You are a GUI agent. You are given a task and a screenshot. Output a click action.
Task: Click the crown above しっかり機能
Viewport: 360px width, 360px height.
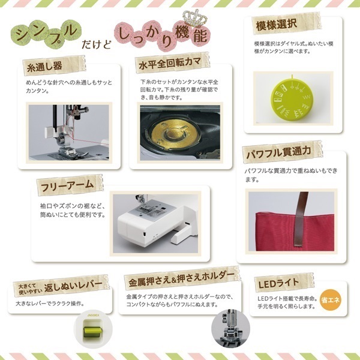coord(194,19)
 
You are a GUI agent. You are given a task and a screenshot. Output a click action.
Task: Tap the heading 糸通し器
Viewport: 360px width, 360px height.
coord(44,67)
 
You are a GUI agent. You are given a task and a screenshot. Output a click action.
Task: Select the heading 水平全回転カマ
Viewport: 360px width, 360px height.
coord(170,63)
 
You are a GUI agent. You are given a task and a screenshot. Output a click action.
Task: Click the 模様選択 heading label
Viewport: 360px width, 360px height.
coord(277,25)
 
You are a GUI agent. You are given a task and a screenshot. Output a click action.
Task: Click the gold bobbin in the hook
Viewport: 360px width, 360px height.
coord(175,133)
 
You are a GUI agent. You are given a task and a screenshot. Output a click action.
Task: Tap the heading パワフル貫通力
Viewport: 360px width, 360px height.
coord(278,152)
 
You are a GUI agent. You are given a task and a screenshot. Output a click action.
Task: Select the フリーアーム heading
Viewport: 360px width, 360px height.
coord(67,185)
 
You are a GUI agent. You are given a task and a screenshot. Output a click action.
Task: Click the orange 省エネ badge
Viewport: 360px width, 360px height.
coord(331,300)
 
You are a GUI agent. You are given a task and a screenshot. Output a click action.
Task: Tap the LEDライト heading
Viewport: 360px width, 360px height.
coord(278,284)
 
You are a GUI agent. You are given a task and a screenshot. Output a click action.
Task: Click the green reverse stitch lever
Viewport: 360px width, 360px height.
coord(93,331)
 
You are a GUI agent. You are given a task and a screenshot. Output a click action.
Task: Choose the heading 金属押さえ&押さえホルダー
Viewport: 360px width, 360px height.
coord(181,280)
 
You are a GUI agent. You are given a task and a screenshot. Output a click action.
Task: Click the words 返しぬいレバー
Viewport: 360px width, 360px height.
coord(73,286)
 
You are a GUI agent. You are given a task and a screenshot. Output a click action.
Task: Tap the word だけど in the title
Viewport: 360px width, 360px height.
coord(96,44)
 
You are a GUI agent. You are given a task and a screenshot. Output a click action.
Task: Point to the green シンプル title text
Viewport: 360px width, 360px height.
coord(47,33)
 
